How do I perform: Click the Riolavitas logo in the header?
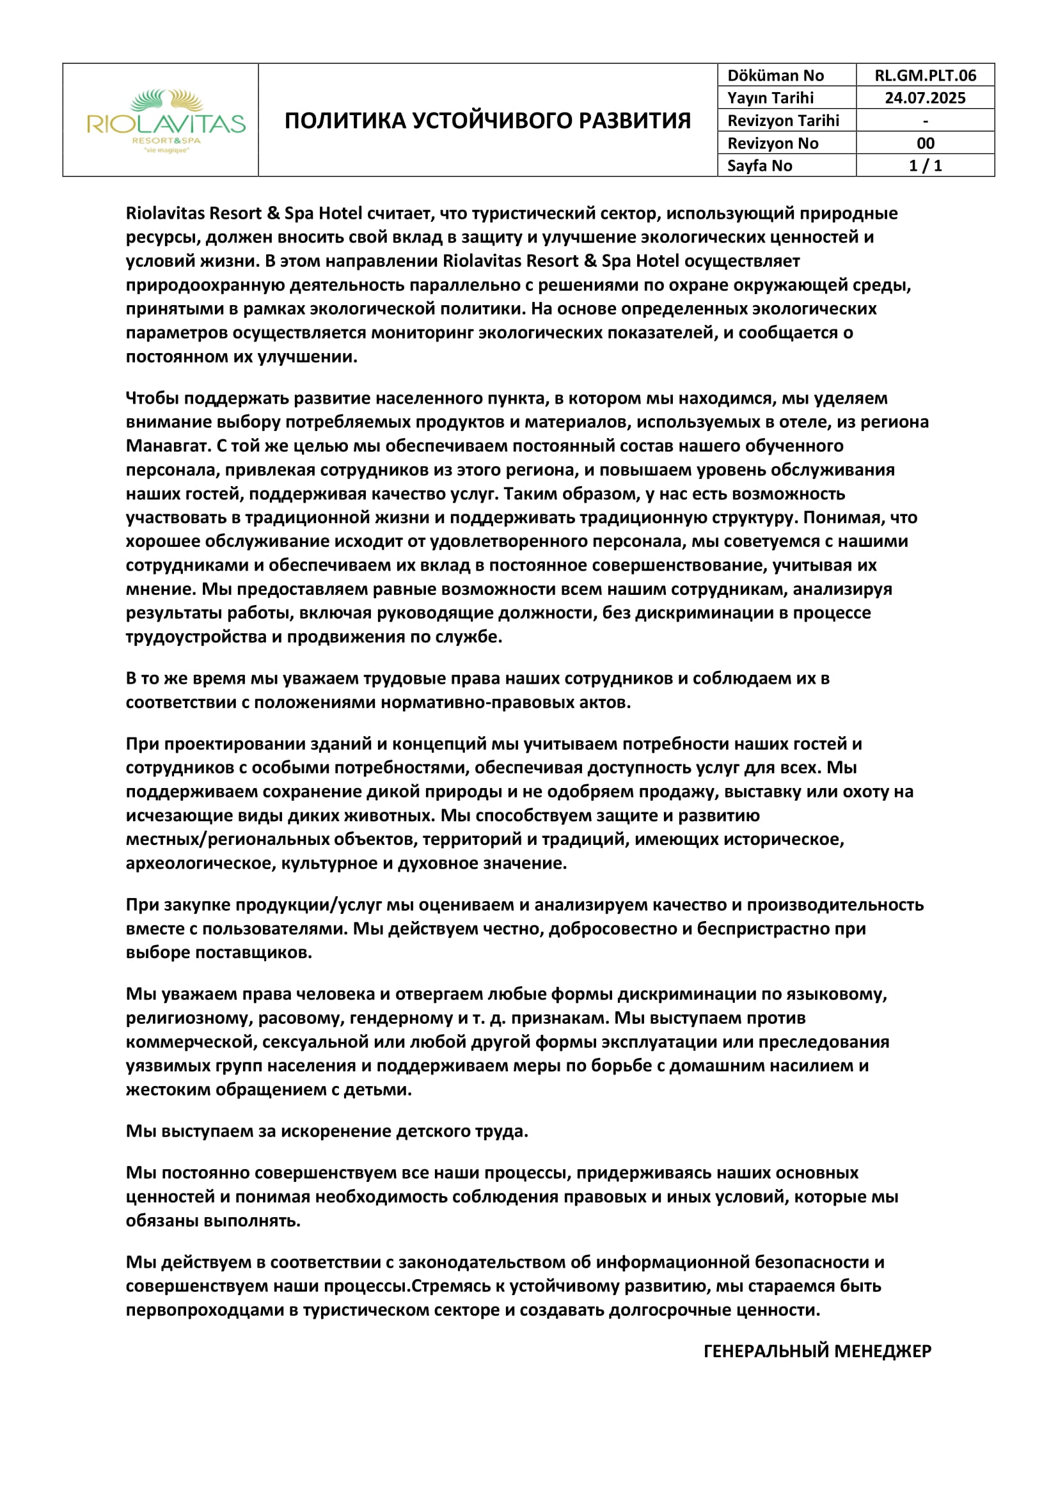point(166,120)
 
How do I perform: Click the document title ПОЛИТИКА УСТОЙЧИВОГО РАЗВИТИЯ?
point(487,120)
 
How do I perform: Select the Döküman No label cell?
point(775,75)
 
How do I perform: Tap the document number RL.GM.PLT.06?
point(925,75)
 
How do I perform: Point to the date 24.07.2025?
point(925,98)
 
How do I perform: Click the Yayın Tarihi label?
point(770,98)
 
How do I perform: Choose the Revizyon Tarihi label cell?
point(783,120)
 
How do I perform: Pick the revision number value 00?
point(925,143)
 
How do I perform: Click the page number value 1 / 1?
point(925,166)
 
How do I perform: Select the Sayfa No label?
point(760,166)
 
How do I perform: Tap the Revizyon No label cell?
point(773,143)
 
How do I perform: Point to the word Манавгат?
point(168,446)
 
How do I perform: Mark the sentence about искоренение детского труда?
point(326,1131)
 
